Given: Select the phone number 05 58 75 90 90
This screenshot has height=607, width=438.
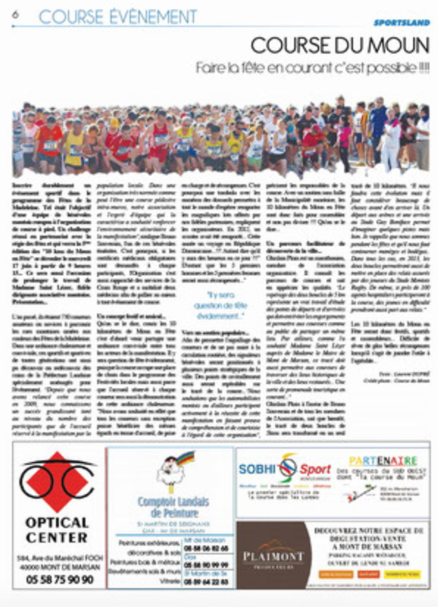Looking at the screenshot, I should pos(60,580).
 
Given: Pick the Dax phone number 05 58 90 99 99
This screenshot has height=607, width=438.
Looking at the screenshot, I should pos(206,565).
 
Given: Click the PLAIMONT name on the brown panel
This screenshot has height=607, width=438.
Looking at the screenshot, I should pos(273,557).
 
